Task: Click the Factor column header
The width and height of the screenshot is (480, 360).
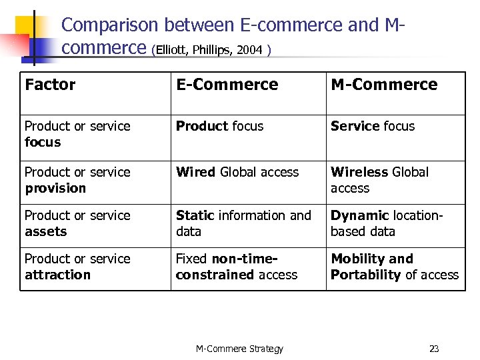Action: pos(50,85)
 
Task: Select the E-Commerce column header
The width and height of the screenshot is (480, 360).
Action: pos(227,85)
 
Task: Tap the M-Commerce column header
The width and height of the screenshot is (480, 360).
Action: pos(384,85)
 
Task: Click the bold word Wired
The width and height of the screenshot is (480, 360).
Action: pos(196,172)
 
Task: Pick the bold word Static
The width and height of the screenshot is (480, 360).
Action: pos(195,215)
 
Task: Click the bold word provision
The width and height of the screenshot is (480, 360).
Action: pos(55,188)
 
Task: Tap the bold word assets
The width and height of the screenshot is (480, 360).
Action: pos(46,231)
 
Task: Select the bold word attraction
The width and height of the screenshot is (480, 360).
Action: pos(57,275)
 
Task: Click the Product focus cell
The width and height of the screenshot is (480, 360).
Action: pos(219,126)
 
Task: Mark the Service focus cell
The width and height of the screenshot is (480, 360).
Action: pos(373,126)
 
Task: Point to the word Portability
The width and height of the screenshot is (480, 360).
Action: pos(366,275)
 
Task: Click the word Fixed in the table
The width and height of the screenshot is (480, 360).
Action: pos(191,259)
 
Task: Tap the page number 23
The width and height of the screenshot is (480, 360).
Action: pos(434,349)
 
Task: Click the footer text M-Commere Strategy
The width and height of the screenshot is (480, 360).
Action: pos(239,349)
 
